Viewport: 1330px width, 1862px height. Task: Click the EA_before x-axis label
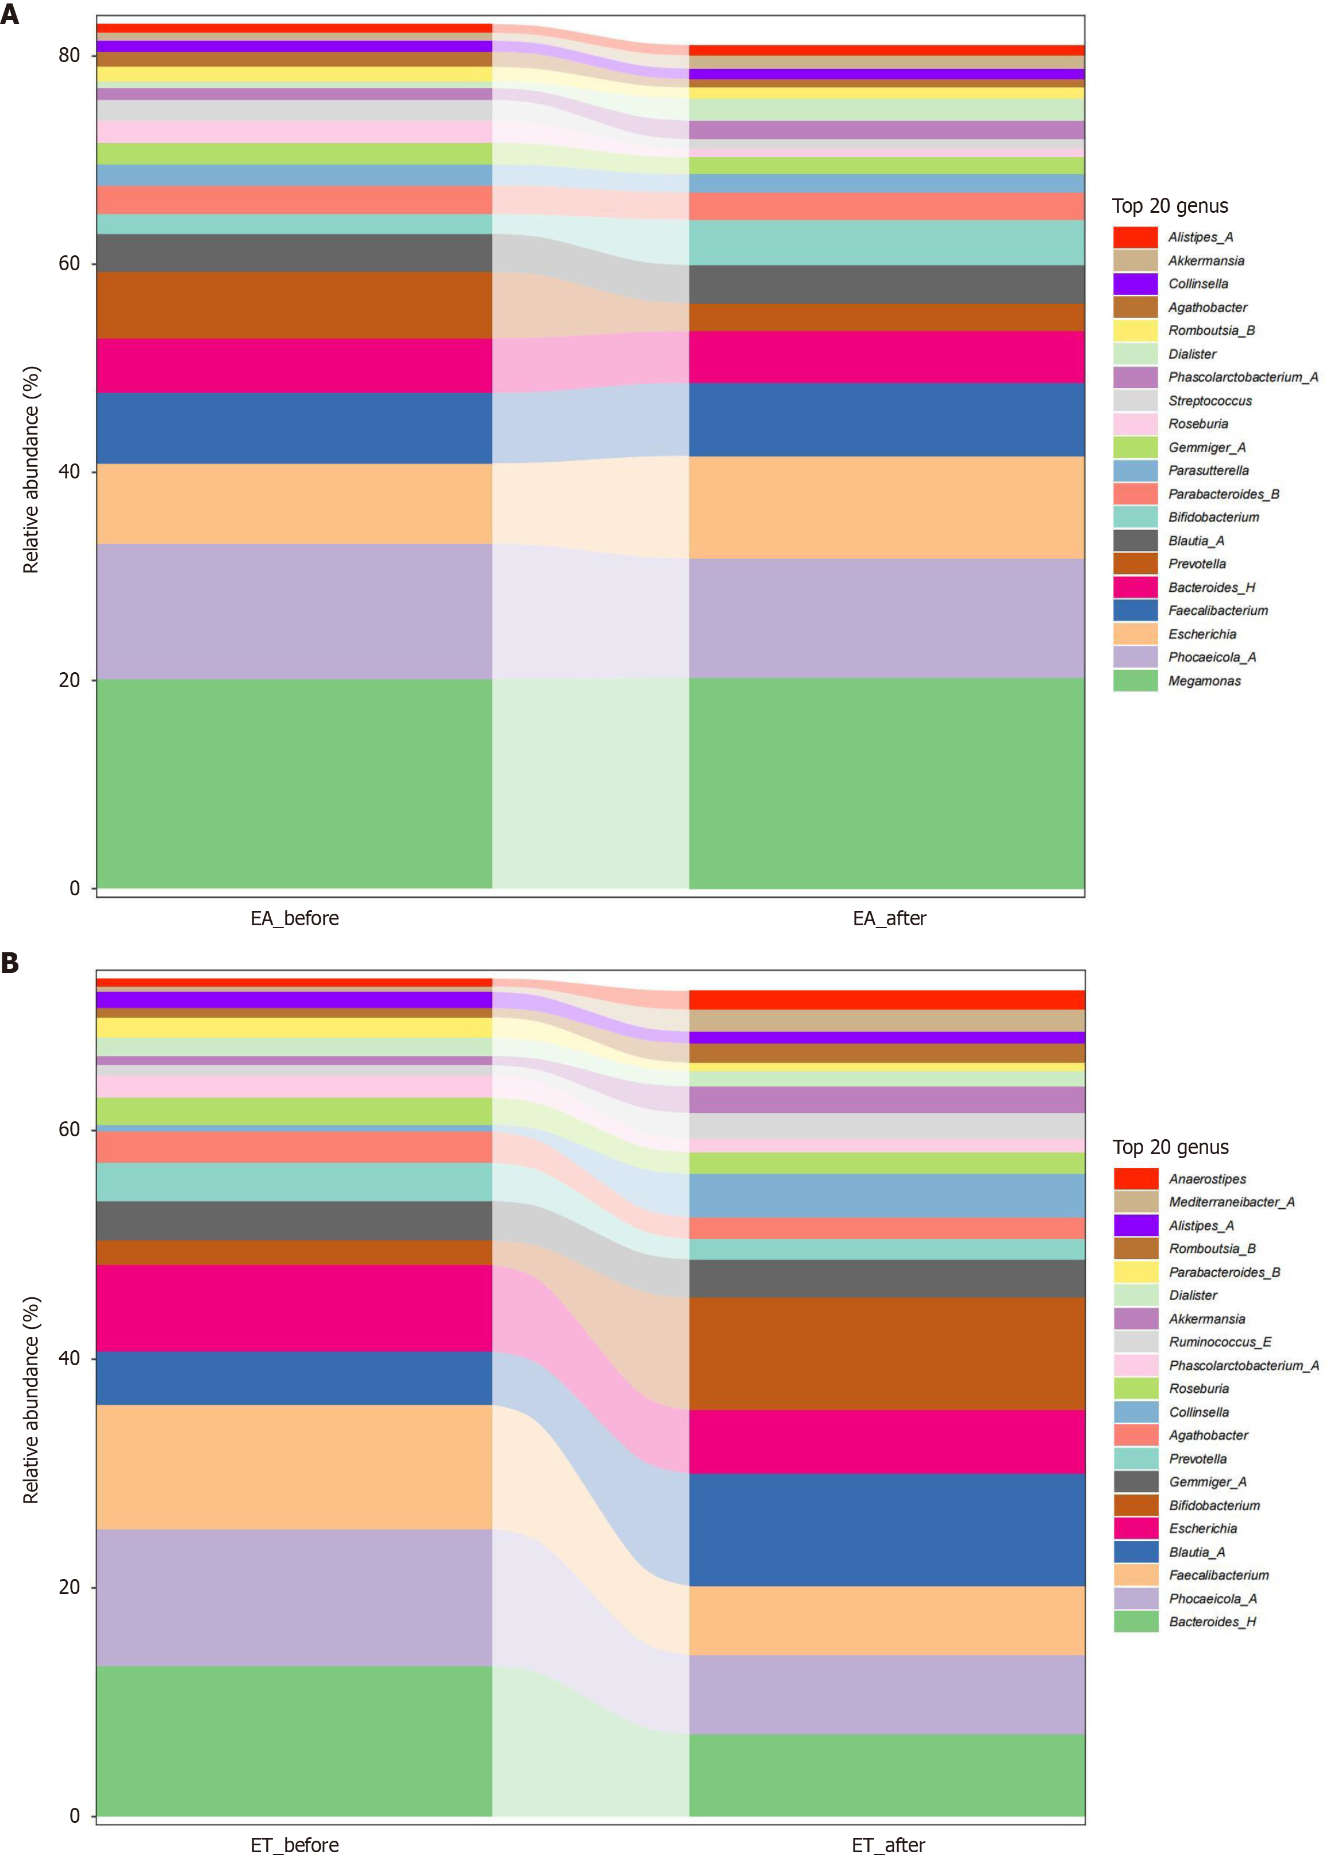294,918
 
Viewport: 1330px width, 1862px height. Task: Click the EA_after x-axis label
889,918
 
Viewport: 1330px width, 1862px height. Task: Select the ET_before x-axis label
294,1845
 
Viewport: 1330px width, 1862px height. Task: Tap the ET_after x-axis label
888,1845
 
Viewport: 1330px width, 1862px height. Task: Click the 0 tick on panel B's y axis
75,1816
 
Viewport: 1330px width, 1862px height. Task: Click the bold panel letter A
10,15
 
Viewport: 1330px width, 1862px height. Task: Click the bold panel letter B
10,963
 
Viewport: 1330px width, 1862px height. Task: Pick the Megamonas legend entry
1204,681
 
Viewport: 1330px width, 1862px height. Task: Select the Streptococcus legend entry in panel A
1210,401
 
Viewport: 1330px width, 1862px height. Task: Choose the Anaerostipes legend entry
1207,1179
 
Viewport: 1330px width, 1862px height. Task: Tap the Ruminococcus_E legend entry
1220,1342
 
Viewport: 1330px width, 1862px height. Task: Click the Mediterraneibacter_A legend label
1231,1202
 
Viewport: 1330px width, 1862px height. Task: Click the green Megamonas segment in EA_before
294,782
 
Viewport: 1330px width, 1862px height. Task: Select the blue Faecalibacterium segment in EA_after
886,419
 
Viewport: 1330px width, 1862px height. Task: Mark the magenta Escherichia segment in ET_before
294,1308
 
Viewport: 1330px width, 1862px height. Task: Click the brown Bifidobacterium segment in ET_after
886,1353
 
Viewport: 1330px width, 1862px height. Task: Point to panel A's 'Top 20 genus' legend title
1170,206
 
